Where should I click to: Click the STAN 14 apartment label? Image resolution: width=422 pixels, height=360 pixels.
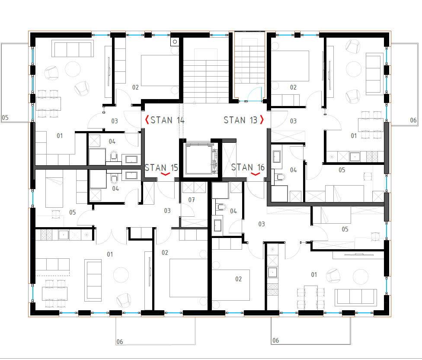click(x=167, y=120)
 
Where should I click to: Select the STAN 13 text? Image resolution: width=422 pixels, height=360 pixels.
click(x=240, y=120)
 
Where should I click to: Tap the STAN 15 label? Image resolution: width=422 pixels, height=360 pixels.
click(x=161, y=168)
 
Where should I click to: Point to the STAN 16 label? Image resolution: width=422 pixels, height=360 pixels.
click(x=248, y=167)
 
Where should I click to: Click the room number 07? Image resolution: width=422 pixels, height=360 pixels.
click(x=192, y=200)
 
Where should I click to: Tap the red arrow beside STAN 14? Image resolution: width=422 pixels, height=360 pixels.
click(x=147, y=120)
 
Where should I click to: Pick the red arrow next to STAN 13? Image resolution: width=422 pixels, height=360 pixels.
click(x=262, y=120)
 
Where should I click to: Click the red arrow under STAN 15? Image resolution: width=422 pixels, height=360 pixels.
click(x=166, y=174)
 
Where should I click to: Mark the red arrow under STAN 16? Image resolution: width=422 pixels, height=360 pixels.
click(x=256, y=174)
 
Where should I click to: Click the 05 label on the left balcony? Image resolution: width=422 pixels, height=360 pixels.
click(x=5, y=118)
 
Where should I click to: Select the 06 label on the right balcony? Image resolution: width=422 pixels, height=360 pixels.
click(x=413, y=120)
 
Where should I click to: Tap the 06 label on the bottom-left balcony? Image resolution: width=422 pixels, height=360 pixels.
click(x=120, y=342)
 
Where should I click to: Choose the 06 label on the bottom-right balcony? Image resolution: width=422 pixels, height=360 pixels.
click(x=275, y=341)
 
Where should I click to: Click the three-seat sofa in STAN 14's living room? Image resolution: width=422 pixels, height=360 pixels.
click(x=73, y=49)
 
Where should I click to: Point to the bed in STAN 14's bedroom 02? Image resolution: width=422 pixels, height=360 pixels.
click(x=160, y=71)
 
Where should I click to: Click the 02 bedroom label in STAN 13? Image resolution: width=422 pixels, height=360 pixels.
click(x=293, y=87)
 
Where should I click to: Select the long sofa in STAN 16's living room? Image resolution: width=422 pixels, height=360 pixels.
click(x=356, y=297)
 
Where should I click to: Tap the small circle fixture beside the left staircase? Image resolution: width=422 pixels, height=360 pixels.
click(x=175, y=42)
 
